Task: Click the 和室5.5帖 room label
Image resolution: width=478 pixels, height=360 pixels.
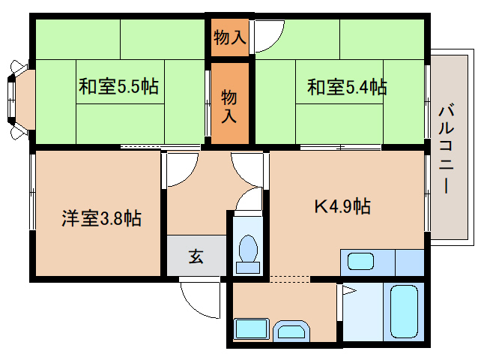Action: [118, 87]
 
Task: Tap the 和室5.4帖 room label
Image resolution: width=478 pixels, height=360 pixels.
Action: [346, 87]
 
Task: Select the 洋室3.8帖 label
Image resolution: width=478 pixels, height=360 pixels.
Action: [101, 219]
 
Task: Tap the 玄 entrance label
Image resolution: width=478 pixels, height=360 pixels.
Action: [196, 257]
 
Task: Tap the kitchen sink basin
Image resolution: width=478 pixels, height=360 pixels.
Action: [360, 262]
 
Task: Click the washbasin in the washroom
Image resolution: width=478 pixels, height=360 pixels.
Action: [290, 330]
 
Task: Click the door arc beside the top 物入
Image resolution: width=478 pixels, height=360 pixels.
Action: [268, 34]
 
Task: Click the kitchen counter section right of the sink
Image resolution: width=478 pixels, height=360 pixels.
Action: [409, 262]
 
